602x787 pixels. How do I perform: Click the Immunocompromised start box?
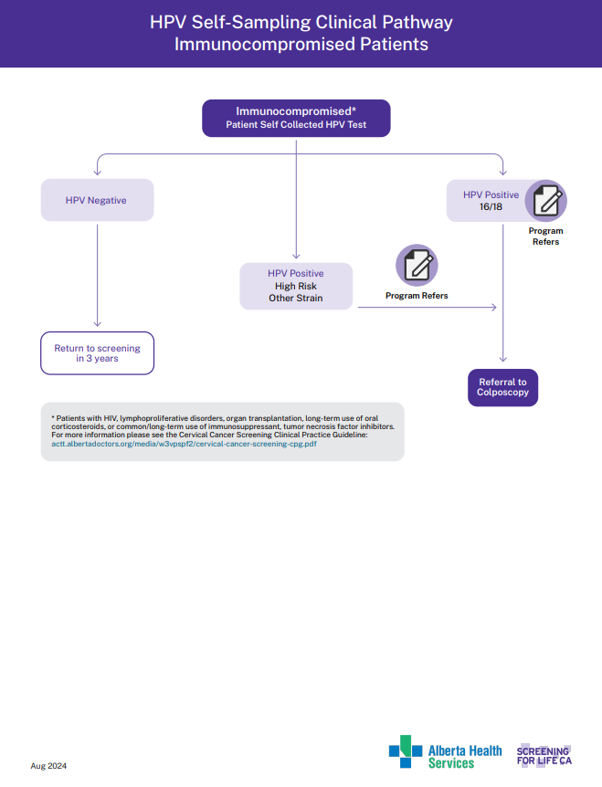pos(296,118)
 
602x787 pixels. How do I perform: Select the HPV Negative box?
pos(97,200)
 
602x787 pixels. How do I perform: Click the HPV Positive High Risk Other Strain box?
pos(296,286)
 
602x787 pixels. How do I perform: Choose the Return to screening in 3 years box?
pos(98,353)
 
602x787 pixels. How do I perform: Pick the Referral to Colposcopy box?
pos(502,387)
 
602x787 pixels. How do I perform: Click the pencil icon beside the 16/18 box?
pos(545,201)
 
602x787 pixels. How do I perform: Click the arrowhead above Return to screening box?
pos(98,323)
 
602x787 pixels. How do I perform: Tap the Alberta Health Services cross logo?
pos(406,751)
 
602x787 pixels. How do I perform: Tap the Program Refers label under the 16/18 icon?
pos(545,236)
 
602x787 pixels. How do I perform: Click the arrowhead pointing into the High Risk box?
pos(296,257)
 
